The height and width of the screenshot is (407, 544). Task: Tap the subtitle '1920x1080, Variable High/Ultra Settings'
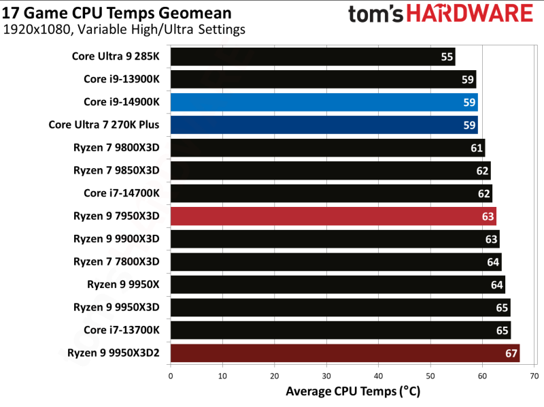124,30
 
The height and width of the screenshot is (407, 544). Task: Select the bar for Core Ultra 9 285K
313,56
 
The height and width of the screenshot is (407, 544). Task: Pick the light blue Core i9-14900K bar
324,102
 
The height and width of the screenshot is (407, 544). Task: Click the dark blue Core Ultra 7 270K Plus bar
324,125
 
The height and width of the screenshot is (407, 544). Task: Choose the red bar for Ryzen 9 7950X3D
333,216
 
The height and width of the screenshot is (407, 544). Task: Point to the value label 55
447,56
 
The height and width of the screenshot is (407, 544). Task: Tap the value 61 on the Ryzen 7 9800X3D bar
477,148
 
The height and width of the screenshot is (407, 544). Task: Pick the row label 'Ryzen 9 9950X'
123,284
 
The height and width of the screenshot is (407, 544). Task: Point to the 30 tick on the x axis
326,376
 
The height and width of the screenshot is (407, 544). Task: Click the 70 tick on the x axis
534,376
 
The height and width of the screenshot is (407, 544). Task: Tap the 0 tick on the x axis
170,376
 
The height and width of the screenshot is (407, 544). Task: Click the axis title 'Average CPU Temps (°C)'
353,391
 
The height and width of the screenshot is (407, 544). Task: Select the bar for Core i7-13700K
340,330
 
